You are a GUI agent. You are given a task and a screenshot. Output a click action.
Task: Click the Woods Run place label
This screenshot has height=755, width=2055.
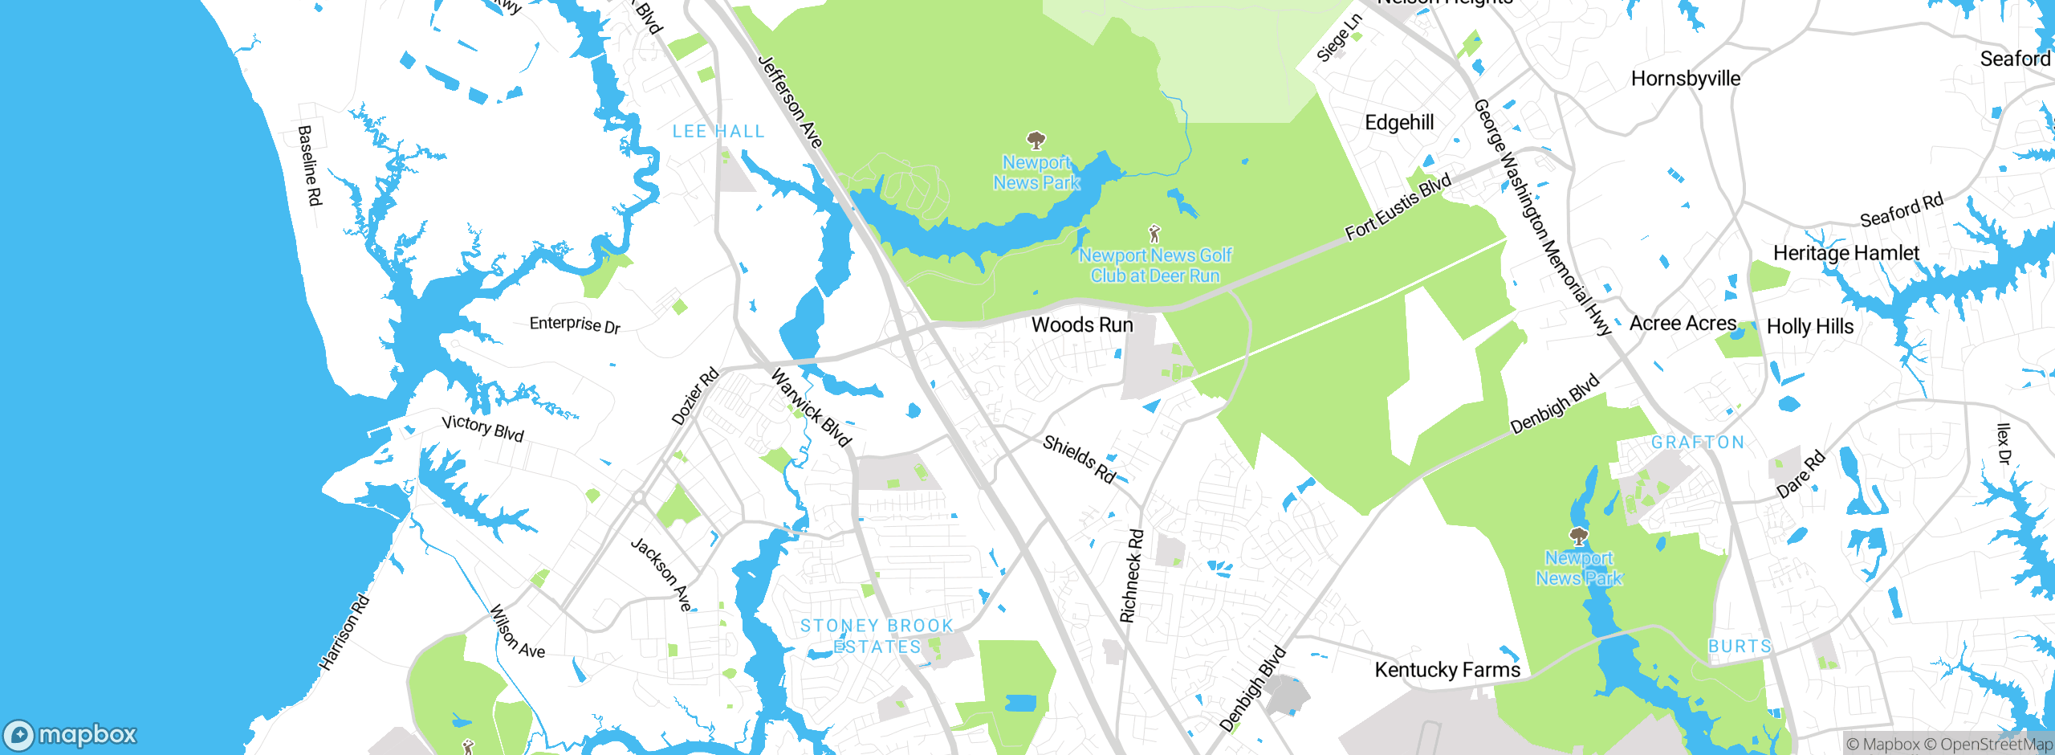1082,325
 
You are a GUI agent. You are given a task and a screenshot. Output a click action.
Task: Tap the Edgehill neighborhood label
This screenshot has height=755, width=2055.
1399,123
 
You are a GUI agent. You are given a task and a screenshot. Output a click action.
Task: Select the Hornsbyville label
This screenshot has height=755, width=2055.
1685,79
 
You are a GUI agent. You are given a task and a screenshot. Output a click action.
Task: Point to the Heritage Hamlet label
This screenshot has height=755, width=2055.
1845,253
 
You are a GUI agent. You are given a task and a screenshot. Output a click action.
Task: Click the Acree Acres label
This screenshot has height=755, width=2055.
1683,324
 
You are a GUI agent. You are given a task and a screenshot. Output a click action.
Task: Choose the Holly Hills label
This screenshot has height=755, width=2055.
1810,327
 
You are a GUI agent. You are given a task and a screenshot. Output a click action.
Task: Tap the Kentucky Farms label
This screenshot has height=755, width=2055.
1447,670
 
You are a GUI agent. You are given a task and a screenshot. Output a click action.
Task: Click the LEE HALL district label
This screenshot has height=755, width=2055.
718,132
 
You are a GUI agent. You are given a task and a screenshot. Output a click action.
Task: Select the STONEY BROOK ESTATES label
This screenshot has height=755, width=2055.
877,636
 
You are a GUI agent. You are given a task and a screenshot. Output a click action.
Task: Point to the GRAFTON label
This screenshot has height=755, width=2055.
1698,443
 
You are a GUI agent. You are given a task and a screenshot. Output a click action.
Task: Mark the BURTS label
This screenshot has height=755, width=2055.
1740,647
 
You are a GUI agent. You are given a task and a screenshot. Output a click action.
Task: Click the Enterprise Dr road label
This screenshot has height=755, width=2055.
575,324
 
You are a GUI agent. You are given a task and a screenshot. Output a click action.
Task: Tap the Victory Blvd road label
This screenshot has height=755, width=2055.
482,428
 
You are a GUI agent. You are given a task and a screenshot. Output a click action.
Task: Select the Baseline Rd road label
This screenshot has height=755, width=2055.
309,165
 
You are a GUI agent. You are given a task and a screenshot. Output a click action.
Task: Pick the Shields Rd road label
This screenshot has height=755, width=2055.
1079,459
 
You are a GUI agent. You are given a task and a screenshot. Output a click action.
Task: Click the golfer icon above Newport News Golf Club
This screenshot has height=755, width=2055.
1154,234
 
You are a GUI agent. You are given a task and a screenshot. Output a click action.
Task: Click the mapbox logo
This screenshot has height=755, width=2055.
71,735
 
